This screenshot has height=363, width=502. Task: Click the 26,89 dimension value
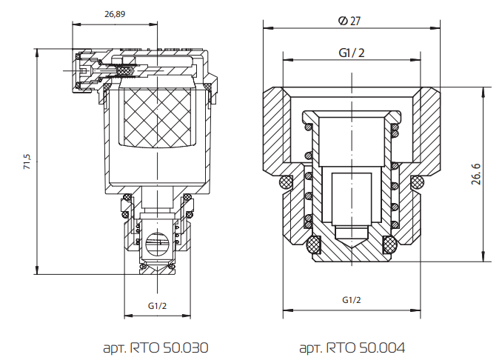(115, 14)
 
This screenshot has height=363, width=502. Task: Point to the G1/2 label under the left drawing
(157, 305)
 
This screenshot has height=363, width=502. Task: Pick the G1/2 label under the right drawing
(352, 299)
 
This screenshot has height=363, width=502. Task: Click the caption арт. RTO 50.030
(156, 347)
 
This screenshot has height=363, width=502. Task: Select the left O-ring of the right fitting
(284, 181)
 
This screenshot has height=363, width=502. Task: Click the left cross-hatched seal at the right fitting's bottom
(313, 244)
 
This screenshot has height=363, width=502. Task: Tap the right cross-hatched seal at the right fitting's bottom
(388, 244)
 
